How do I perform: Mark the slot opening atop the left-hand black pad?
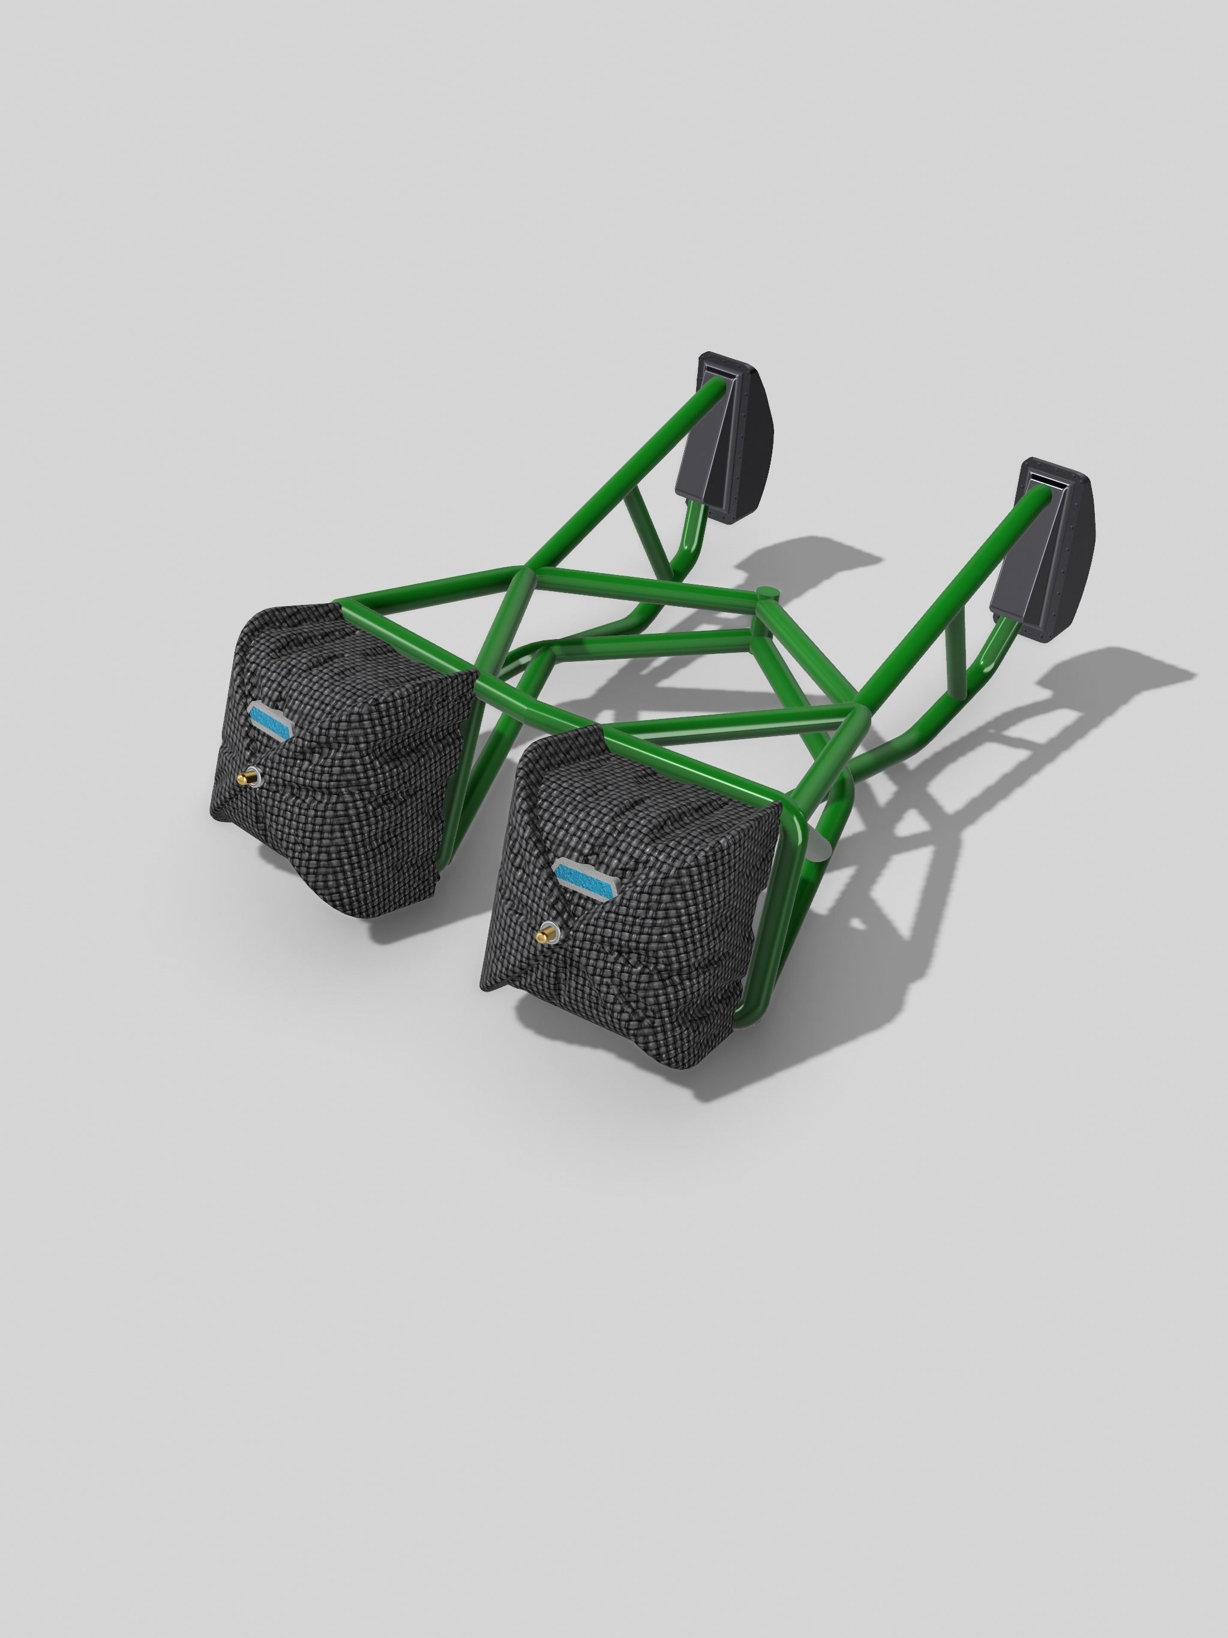(718, 374)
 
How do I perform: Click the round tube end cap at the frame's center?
(768, 592)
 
